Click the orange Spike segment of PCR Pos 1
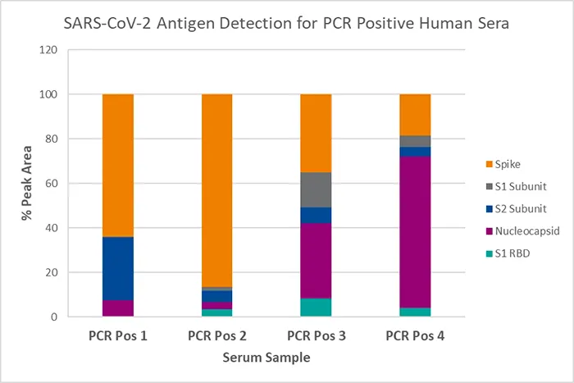click(118, 164)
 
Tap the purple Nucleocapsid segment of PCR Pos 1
click(118, 308)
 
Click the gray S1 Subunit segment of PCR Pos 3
click(316, 189)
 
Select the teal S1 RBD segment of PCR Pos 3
click(316, 308)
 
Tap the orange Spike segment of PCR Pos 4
click(415, 114)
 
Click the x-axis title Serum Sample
click(266, 358)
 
